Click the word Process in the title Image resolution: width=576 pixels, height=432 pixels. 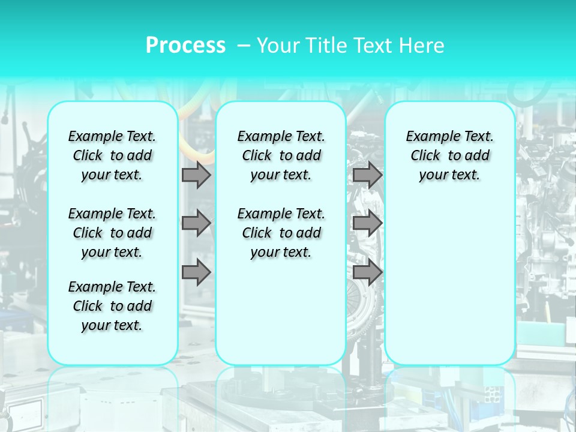pos(185,46)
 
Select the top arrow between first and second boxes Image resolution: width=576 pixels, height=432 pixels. pos(196,175)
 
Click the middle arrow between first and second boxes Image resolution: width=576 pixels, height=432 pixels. pos(196,224)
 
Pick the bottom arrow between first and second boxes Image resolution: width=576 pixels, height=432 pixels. pos(196,272)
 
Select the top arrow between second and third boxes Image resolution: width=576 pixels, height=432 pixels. pos(367,175)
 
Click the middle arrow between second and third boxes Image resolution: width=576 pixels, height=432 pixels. pos(367,224)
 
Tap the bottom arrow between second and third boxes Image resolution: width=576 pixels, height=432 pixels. pos(367,272)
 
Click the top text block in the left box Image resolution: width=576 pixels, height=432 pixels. pos(112,155)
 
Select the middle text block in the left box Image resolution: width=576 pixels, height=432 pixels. pos(112,233)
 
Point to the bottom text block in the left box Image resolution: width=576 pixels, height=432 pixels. pos(112,306)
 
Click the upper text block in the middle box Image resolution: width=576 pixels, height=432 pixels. pos(281,155)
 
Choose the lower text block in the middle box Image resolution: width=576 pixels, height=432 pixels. pos(281,233)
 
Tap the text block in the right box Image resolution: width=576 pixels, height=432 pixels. pos(449,155)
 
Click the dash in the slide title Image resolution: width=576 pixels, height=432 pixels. pos(244,46)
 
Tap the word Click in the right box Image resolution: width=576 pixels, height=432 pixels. pos(425,156)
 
